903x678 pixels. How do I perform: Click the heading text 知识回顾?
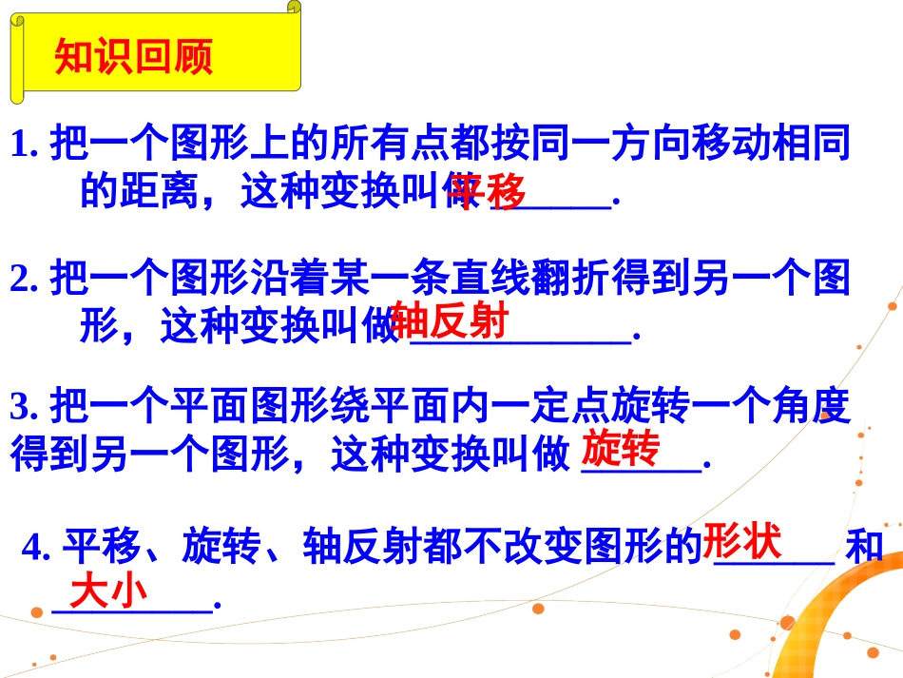point(134,57)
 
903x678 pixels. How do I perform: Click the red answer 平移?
point(489,194)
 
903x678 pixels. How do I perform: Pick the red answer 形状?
point(742,542)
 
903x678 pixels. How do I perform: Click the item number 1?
point(23,145)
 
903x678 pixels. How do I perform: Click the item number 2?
point(23,279)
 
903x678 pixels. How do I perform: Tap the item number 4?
point(35,549)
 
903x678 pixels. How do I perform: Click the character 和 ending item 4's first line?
point(864,549)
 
